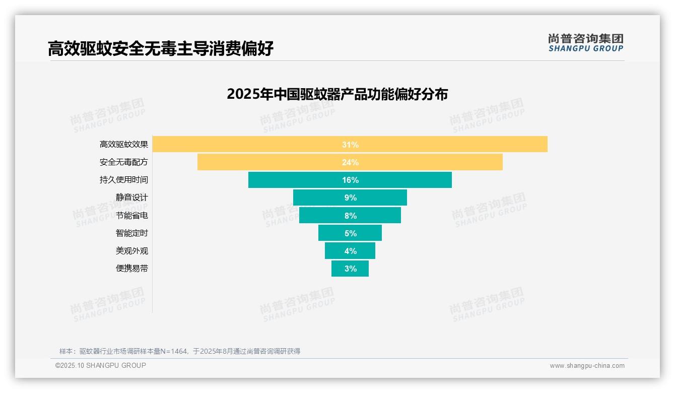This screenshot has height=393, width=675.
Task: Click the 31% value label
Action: tap(350, 145)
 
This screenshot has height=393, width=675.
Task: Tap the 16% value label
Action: tap(350, 180)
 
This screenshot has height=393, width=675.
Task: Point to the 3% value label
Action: tap(351, 269)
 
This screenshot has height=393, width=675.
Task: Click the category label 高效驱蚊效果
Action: tap(124, 145)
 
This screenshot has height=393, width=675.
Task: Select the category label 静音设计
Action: tap(132, 198)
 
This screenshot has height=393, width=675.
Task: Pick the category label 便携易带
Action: tap(132, 269)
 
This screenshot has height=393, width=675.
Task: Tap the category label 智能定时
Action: tap(132, 233)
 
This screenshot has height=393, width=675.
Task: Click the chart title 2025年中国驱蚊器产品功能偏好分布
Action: tap(337, 94)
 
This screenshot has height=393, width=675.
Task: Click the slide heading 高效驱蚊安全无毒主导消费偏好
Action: tap(161, 49)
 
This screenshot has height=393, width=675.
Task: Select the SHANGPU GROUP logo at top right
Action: tap(585, 43)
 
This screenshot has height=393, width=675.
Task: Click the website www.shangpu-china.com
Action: tap(587, 366)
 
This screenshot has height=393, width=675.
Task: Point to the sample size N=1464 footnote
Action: tap(180, 351)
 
